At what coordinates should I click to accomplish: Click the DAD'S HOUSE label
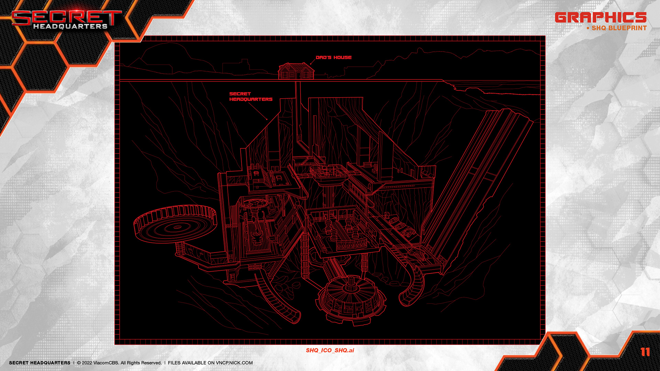click(x=333, y=57)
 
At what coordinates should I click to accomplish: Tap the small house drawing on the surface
click(x=296, y=71)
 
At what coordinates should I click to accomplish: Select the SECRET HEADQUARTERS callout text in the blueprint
click(x=251, y=97)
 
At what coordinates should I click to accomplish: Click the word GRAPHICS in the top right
click(x=600, y=18)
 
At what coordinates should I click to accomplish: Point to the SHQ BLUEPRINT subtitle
click(x=619, y=28)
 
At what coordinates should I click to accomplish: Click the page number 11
click(x=645, y=352)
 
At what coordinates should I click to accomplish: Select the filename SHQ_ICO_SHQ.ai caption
click(x=330, y=350)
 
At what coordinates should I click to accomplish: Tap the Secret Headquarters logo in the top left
click(x=66, y=20)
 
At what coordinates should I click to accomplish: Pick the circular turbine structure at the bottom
click(x=351, y=299)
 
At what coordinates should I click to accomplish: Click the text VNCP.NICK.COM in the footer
click(x=234, y=363)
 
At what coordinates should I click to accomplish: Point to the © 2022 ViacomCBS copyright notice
click(x=119, y=363)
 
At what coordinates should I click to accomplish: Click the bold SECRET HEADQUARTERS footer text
click(x=40, y=363)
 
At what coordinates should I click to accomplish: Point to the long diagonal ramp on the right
click(x=481, y=172)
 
